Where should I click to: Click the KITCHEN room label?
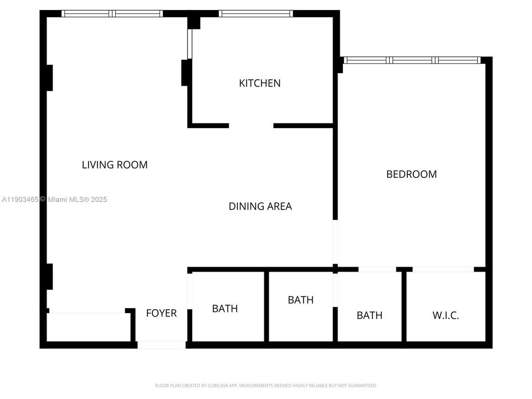pos(259,83)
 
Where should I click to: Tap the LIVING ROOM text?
pos(115,165)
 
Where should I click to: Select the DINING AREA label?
pos(260,206)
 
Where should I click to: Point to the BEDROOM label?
pos(411,174)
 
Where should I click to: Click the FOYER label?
pos(161,313)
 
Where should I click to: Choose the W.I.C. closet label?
pos(446,316)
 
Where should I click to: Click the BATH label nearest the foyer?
pos(224,309)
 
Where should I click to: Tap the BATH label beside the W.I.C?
pos(369,315)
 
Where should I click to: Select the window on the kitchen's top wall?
pos(255,13)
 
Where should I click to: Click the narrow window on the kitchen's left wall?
pos(190,44)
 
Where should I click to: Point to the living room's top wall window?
pos(112,13)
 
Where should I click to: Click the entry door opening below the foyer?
pos(161,345)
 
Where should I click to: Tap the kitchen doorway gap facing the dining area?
pos(251,126)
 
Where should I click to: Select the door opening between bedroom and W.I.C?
pos(443,269)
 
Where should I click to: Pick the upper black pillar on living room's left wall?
pos(49,78)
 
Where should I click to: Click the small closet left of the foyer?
pos(89,327)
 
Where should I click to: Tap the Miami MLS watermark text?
pos(55,199)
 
